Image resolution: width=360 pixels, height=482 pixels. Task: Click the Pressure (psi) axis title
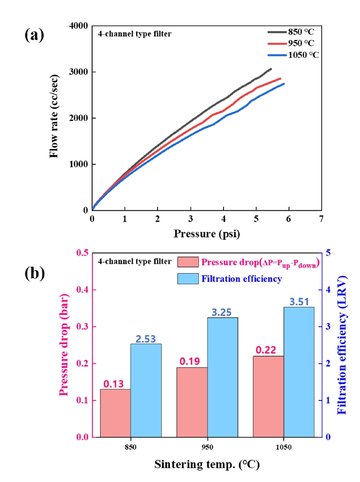click(x=207, y=234)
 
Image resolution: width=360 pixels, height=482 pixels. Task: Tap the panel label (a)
click(x=34, y=35)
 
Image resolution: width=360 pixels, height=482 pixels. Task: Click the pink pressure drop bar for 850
click(x=115, y=413)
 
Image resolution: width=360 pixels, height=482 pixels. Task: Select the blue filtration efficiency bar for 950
click(x=223, y=377)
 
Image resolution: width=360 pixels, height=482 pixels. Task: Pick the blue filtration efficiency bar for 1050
click(x=299, y=372)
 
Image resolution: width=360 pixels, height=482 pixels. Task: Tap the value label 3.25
click(x=223, y=312)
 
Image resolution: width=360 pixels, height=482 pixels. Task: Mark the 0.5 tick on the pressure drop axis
click(x=82, y=253)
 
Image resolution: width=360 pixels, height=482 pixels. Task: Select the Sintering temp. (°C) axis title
click(x=207, y=465)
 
